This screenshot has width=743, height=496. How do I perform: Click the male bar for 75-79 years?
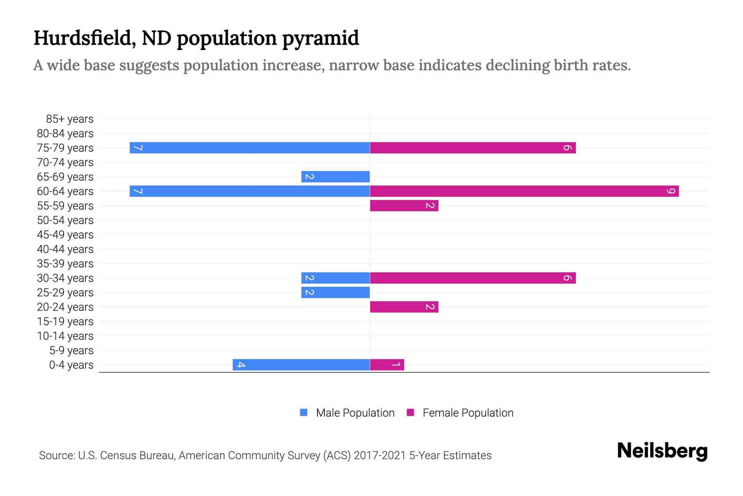tap(250, 148)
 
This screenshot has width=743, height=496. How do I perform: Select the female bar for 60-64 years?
tap(524, 191)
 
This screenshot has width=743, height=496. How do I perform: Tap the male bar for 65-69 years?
tap(336, 176)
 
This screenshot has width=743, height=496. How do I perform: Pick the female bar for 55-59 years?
tap(404, 205)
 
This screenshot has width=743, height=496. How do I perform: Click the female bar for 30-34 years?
tap(473, 278)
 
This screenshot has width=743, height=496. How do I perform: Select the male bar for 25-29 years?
tap(336, 292)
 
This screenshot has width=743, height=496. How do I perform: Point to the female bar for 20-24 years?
tap(404, 307)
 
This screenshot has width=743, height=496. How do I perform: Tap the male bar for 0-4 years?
tap(301, 365)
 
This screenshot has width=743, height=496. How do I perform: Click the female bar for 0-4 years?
tap(387, 365)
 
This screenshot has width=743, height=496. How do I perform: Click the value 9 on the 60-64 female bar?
tap(672, 191)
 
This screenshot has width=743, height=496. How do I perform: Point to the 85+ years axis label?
tap(69, 119)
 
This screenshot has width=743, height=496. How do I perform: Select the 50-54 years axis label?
tap(65, 220)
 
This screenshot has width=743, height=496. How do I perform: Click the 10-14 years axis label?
tap(65, 336)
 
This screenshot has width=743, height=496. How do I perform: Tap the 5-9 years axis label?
tap(71, 351)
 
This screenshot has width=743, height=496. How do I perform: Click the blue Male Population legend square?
tap(304, 413)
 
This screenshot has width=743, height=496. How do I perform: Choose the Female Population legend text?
tap(468, 413)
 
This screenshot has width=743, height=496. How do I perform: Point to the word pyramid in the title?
tap(320, 38)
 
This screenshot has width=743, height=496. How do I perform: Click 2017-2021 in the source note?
tap(380, 455)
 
